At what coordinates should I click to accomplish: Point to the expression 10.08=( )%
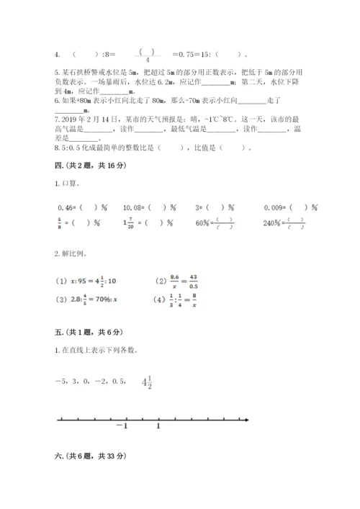click(150, 207)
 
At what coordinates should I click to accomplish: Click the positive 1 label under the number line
click(158, 427)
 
